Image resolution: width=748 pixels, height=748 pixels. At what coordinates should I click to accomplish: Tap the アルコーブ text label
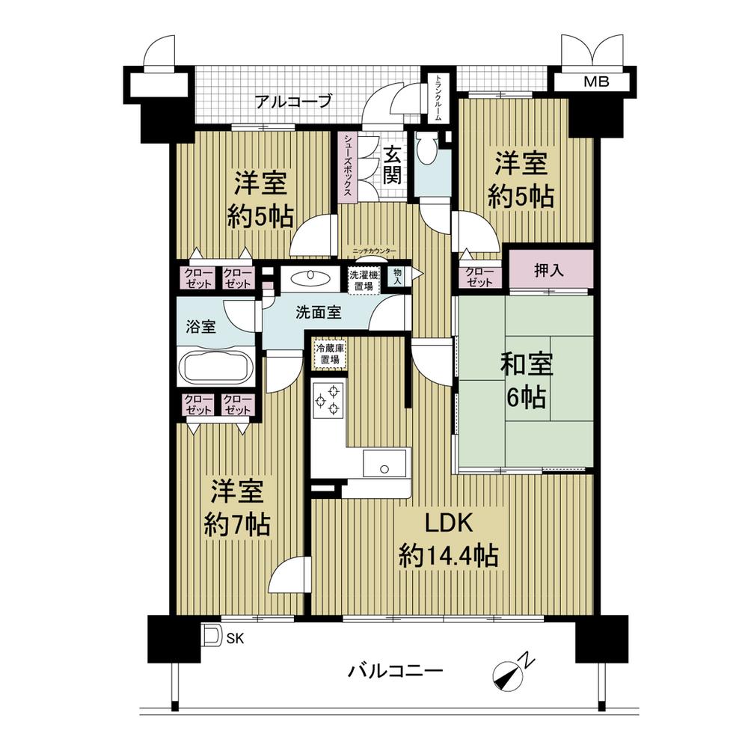(x=292, y=102)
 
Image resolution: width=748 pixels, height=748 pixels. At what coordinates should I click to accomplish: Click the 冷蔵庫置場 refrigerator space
(x=330, y=354)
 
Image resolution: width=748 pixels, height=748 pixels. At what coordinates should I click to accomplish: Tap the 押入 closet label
(x=551, y=270)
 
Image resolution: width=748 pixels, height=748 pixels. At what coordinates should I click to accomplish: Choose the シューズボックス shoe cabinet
(x=349, y=168)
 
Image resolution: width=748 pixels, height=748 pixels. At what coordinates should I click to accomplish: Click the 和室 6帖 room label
(x=527, y=381)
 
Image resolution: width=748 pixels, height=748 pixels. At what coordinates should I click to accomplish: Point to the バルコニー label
(x=394, y=670)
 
